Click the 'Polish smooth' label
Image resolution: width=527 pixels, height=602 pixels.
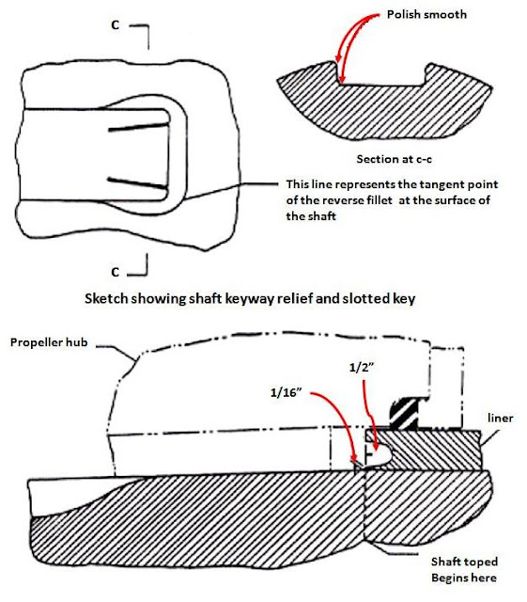coord(426,15)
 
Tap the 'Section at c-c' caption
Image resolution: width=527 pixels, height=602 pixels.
coord(394,159)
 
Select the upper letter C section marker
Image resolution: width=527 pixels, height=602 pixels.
coord(115,25)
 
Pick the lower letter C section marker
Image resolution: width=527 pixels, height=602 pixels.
coord(115,272)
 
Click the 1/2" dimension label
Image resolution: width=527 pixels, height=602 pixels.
coord(362,368)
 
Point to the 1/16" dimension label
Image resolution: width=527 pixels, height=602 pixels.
coord(287,393)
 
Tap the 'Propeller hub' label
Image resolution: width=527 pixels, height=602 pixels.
coord(49,342)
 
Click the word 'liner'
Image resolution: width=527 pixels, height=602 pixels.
coord(500,418)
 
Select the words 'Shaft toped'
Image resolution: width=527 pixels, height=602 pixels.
coord(464,562)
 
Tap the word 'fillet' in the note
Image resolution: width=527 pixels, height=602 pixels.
coord(379,200)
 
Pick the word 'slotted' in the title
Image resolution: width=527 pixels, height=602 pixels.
coord(364,298)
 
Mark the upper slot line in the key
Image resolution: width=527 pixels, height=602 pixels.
coord(138,127)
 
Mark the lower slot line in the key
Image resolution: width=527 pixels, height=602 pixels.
coord(138,183)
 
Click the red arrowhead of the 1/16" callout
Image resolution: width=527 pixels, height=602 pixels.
coord(354,458)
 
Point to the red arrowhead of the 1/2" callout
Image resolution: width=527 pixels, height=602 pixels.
coord(376,446)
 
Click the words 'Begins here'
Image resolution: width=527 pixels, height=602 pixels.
coord(464,578)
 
